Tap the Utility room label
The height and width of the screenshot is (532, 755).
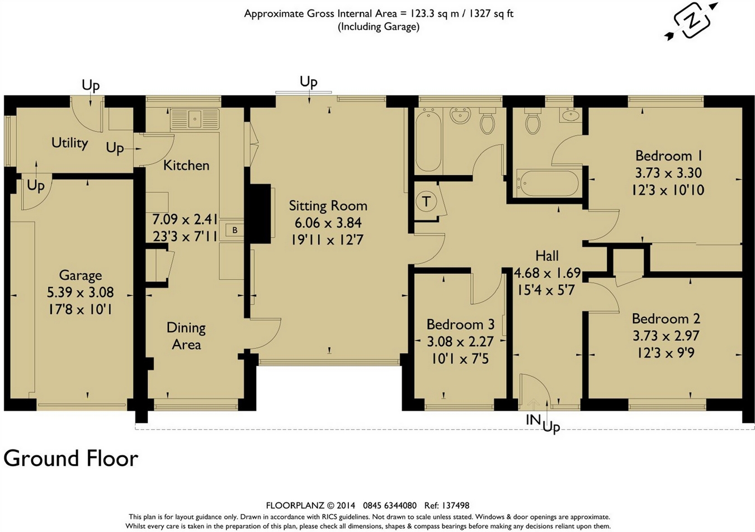tap(69, 143)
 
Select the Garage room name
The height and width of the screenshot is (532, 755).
tap(80, 275)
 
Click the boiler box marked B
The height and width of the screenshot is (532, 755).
tap(235, 230)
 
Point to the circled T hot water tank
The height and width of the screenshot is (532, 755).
tap(426, 201)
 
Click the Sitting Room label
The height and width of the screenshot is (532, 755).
tap(328, 206)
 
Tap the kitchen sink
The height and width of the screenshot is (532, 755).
tap(195, 119)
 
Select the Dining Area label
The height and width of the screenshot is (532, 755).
tap(186, 336)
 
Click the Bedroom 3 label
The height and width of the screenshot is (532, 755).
tap(460, 324)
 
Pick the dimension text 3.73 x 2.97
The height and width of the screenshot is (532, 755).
tap(666, 336)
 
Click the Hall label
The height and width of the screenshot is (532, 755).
tap(547, 256)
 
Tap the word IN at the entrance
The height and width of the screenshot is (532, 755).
tap(533, 420)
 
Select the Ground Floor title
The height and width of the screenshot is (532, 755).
tap(71, 459)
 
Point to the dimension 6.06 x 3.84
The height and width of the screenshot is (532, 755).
tap(328, 223)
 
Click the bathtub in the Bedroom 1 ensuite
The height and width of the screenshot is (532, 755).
tap(548, 183)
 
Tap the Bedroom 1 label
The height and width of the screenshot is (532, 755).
tap(669, 156)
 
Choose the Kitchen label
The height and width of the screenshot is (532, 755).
tap(186, 166)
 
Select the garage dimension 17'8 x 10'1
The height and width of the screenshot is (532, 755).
tap(80, 309)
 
